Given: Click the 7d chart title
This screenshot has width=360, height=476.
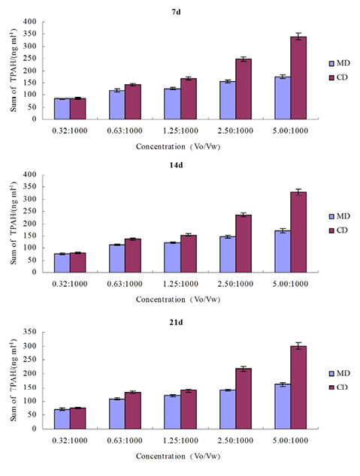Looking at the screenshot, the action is point(176,12).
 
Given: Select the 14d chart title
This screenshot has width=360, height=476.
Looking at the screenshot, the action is point(176,165).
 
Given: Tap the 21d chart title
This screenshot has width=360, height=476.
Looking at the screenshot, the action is point(176,322).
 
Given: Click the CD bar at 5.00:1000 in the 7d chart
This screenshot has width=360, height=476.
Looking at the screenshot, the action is point(298,78).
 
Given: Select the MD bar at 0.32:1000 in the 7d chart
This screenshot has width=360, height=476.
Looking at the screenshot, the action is point(62,109).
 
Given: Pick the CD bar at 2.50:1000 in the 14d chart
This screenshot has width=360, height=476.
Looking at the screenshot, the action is point(244,244).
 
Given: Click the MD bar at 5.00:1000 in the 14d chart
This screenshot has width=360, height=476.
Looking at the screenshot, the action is point(283,252).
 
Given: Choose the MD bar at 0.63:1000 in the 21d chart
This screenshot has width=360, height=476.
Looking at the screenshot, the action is point(117,414).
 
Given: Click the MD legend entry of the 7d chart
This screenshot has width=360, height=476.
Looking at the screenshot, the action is point(340,63).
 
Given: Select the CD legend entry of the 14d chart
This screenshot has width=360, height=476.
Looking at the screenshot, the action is point(338,230).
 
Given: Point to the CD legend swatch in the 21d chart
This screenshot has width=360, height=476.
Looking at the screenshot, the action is point(331,387).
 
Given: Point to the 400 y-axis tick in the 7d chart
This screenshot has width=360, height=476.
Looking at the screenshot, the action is point(30,22).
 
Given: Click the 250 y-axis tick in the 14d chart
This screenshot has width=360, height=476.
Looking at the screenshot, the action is point(30,211).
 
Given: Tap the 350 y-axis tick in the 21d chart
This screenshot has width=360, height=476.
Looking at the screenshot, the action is point(30,332).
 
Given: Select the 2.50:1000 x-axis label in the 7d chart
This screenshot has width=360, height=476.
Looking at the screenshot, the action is point(235,131).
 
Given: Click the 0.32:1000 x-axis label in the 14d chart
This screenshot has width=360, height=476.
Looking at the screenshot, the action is point(70,284).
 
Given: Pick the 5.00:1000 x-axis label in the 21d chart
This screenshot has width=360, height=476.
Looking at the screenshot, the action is point(290,441).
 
